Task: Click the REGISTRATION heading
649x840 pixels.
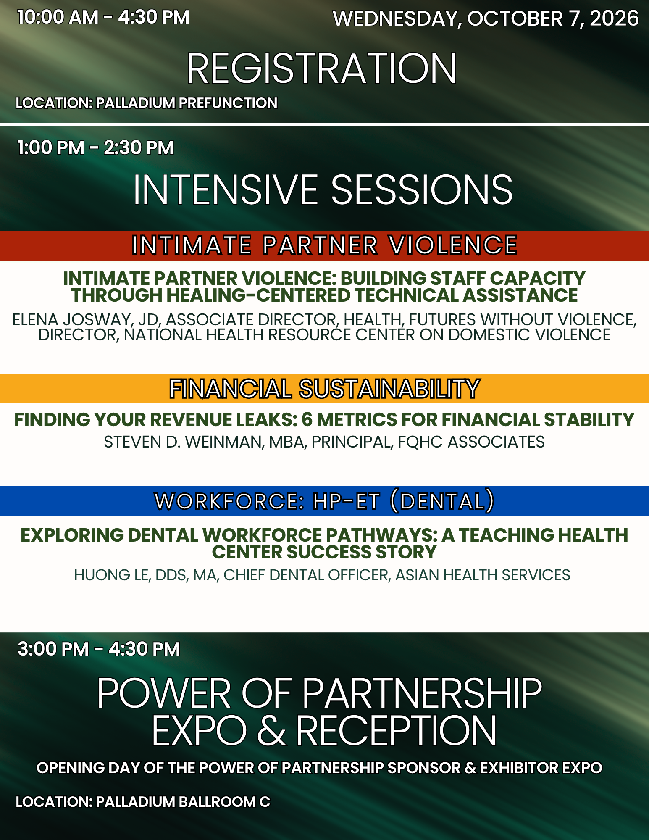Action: pyautogui.click(x=322, y=68)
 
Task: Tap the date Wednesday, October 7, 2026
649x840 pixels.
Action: pyautogui.click(x=486, y=19)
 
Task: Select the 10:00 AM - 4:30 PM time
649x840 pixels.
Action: pyautogui.click(x=103, y=18)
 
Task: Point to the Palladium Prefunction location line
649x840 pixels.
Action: pyautogui.click(x=147, y=103)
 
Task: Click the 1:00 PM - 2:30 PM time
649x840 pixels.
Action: pyautogui.click(x=95, y=148)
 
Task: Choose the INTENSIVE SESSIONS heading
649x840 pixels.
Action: pyautogui.click(x=323, y=190)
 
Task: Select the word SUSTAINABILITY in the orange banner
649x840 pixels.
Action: pyautogui.click(x=389, y=389)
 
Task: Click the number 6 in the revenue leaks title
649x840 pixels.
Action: pyautogui.click(x=307, y=420)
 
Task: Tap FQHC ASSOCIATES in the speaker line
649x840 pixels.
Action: pyautogui.click(x=471, y=442)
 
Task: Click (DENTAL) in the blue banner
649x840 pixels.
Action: pyautogui.click(x=442, y=501)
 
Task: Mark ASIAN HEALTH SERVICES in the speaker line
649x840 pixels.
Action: pyautogui.click(x=483, y=575)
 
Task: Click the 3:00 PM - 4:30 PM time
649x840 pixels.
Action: pyautogui.click(x=99, y=649)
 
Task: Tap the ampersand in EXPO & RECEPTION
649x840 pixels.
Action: pyautogui.click(x=271, y=731)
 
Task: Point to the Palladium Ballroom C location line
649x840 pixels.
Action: pyautogui.click(x=143, y=802)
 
